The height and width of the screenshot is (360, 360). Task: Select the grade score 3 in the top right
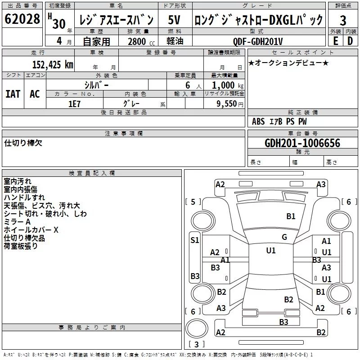343,21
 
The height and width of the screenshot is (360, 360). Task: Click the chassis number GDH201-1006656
302,144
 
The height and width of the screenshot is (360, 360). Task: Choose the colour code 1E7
74,103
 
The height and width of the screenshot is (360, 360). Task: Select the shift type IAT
13,94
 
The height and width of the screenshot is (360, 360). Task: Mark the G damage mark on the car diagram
284,237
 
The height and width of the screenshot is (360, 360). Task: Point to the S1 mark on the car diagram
194,240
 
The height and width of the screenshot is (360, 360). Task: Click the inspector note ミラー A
17,222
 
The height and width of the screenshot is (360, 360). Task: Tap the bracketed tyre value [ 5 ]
193,202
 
